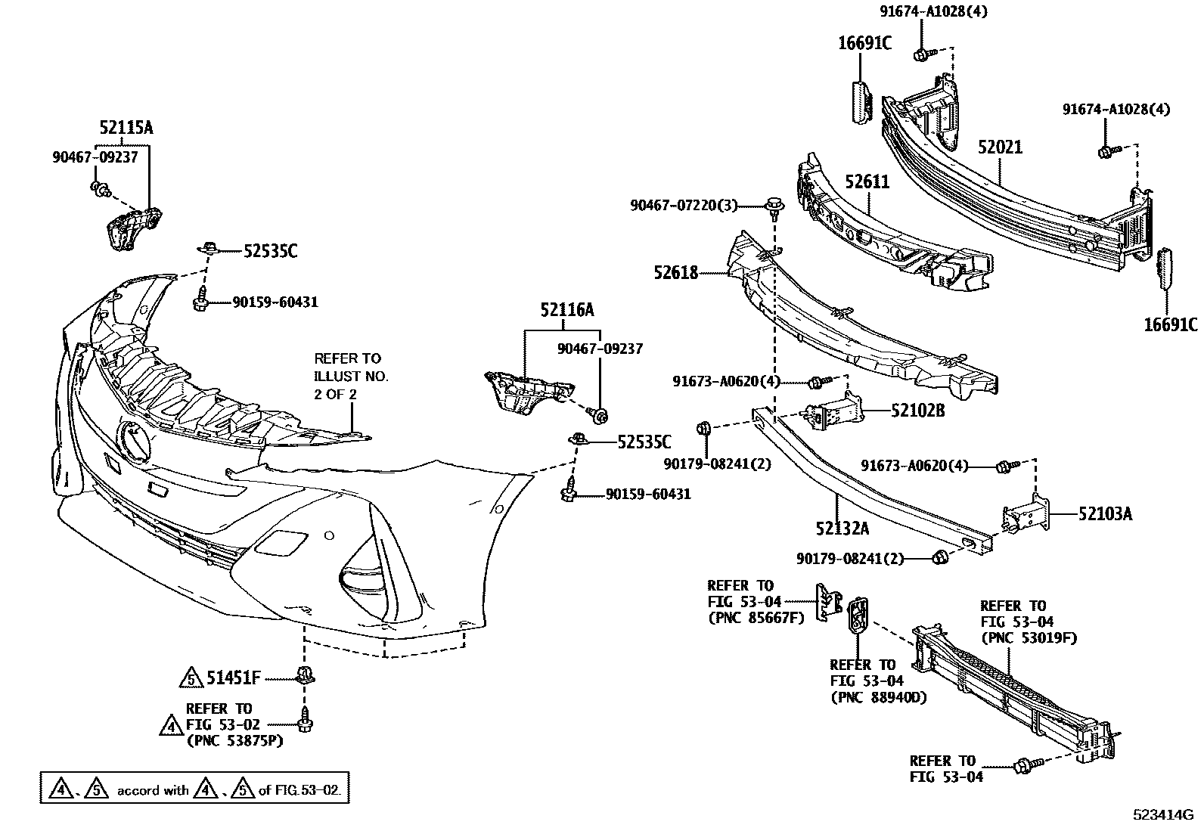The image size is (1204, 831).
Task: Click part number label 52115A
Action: [126, 128]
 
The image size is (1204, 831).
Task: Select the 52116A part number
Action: [566, 309]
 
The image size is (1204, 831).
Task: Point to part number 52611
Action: [867, 181]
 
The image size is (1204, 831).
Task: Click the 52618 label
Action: [676, 272]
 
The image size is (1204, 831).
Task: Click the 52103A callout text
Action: [1105, 514]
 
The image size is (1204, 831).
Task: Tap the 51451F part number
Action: [233, 679]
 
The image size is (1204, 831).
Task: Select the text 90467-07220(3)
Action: [684, 205]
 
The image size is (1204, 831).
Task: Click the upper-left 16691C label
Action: [864, 43]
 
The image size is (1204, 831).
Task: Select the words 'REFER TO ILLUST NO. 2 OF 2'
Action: [351, 376]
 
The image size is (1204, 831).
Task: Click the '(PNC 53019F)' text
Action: [1029, 638]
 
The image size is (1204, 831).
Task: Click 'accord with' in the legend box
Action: [153, 791]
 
